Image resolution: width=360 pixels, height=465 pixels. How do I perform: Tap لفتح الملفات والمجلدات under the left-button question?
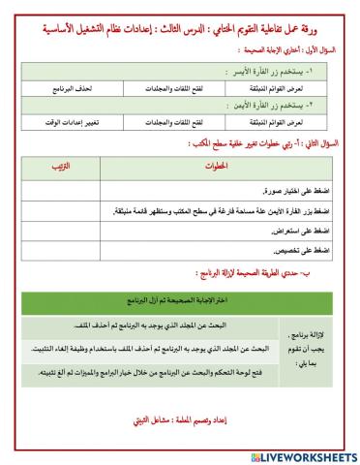tap(171, 88)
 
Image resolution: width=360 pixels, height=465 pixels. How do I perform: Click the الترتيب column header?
tap(60, 168)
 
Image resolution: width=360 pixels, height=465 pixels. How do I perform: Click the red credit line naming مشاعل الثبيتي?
tap(180, 422)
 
